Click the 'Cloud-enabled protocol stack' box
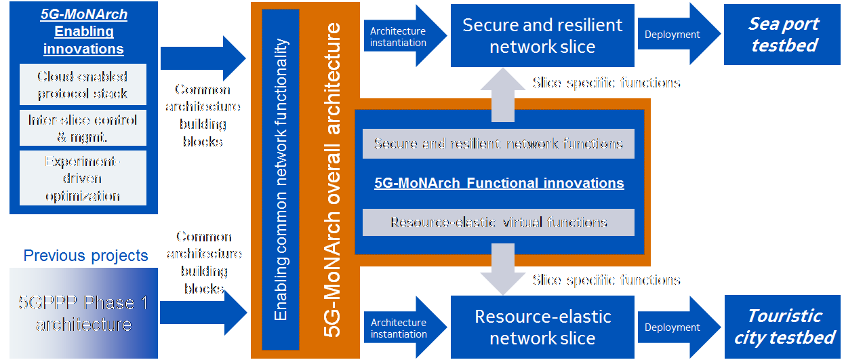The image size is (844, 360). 83,85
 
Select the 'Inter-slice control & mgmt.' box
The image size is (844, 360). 83,128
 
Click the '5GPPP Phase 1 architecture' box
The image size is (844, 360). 83,314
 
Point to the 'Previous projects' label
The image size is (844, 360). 85,256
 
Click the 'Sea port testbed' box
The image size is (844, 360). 783,35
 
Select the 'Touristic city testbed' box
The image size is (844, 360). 783,326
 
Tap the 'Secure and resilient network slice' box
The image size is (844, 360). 542,35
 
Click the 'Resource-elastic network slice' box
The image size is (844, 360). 542,327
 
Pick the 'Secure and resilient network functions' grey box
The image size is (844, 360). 498,144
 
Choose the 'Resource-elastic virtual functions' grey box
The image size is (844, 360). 498,222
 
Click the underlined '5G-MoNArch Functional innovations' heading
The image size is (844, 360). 498,183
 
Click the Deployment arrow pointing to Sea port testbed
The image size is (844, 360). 675,35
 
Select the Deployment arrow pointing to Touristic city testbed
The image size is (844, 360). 675,327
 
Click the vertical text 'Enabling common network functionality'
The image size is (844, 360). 281,180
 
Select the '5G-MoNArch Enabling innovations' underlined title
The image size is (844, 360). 83,32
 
